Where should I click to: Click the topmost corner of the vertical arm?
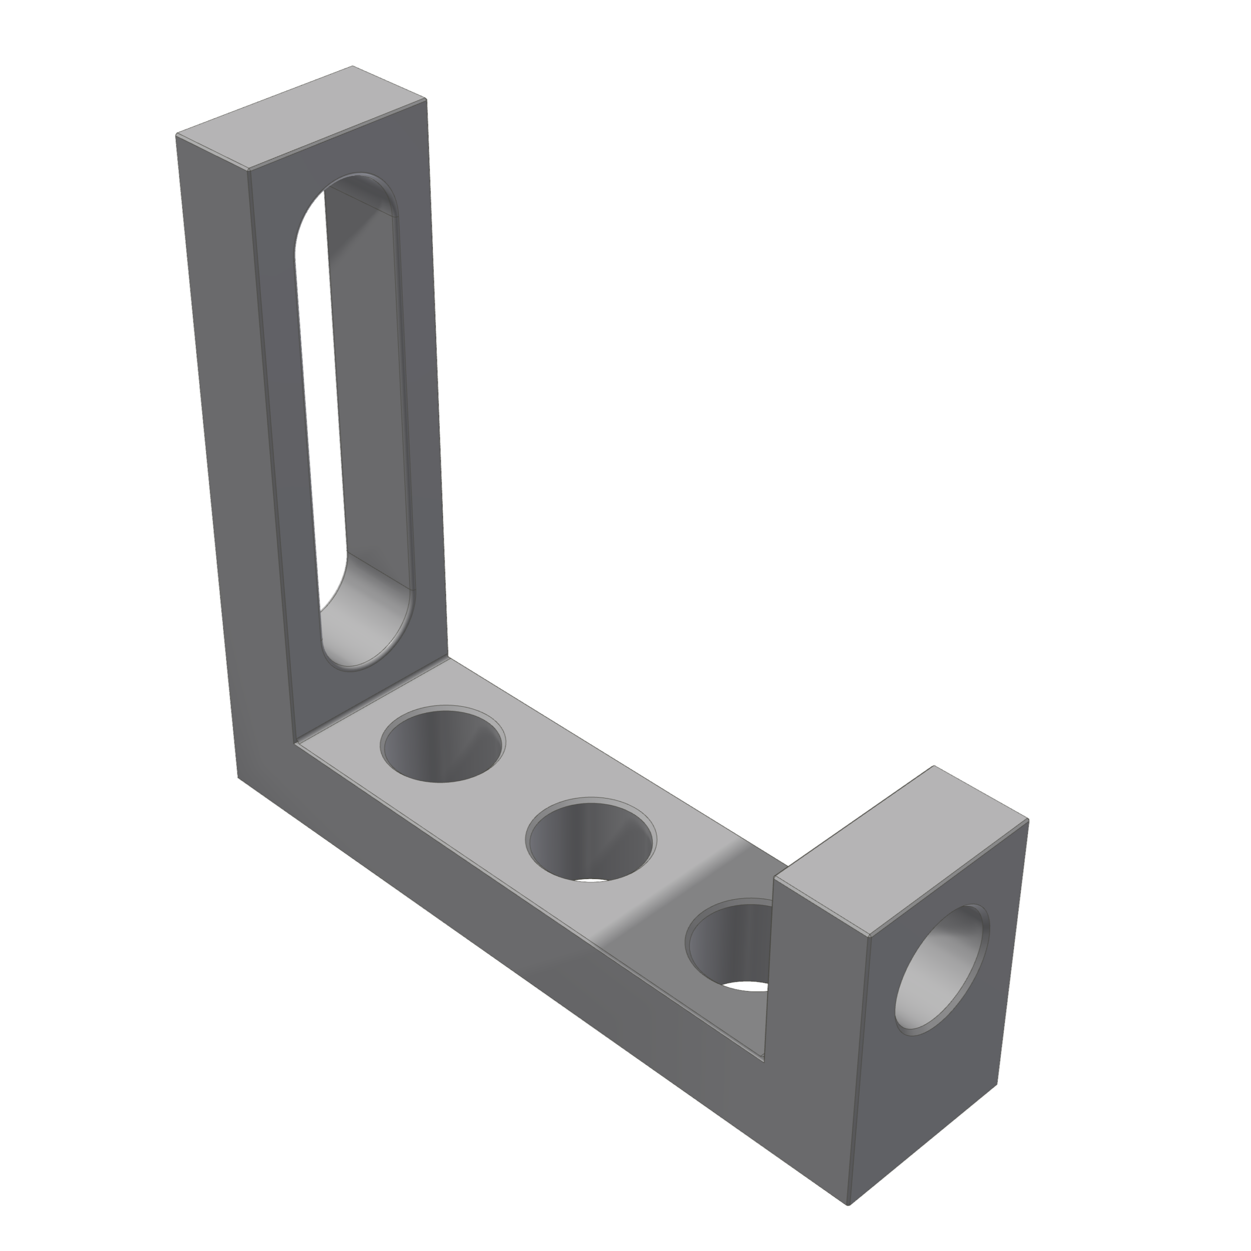tap(352, 66)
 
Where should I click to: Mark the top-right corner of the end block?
tap(1028, 820)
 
